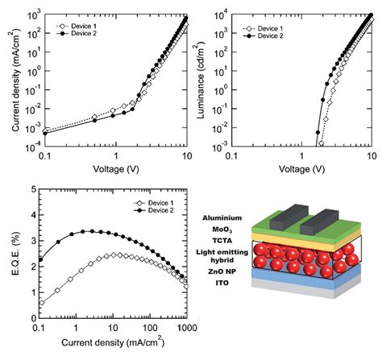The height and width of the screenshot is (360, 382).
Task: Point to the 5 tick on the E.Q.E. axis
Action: pos(31,190)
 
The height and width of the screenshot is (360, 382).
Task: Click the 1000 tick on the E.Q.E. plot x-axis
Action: pos(187,336)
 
